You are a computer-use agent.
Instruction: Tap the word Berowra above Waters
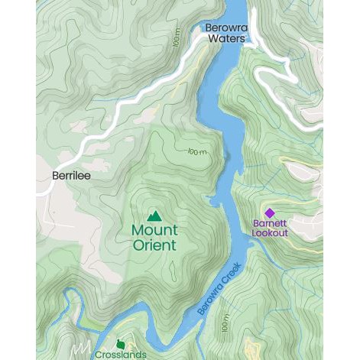pyautogui.click(x=226, y=28)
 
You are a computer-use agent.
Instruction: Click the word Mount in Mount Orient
pyautogui.click(x=154, y=230)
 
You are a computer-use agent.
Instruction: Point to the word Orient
pyautogui.click(x=154, y=245)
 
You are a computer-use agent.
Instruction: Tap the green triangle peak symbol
pyautogui.click(x=154, y=216)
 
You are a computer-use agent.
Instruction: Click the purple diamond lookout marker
pyautogui.click(x=269, y=213)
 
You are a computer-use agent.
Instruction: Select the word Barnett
pyautogui.click(x=269, y=224)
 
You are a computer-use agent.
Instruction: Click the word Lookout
pyautogui.click(x=269, y=232)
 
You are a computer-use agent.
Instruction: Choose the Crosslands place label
pyautogui.click(x=121, y=355)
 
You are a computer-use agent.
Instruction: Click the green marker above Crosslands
pyautogui.click(x=120, y=344)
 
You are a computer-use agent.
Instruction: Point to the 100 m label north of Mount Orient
pyautogui.click(x=197, y=152)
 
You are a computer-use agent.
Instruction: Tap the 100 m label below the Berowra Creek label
pyautogui.click(x=225, y=325)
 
